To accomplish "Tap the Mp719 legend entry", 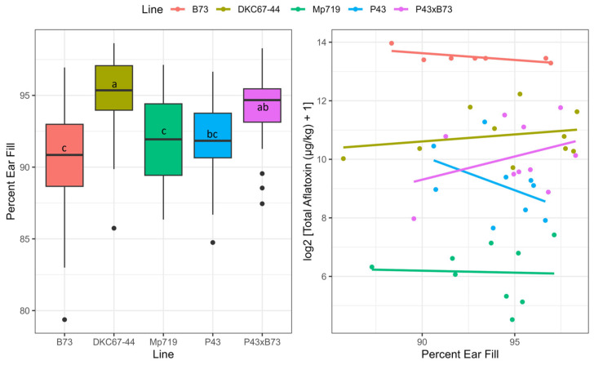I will (366, 12).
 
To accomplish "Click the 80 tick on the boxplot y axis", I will (24, 311).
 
